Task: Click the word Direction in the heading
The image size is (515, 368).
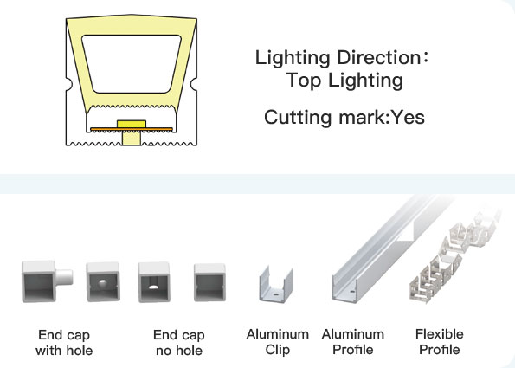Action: [x=378, y=57]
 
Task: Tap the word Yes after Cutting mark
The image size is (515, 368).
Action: [x=409, y=117]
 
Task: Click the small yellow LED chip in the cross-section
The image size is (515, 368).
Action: [x=132, y=124]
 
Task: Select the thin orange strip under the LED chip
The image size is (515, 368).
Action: [x=132, y=129]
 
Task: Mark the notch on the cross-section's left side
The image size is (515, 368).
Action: [x=69, y=84]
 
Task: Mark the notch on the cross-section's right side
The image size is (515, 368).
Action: [x=194, y=84]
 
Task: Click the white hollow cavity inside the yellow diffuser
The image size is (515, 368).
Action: [x=132, y=64]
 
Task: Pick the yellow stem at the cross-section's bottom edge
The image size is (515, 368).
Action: [x=132, y=139]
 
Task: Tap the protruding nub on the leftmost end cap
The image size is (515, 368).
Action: [x=64, y=277]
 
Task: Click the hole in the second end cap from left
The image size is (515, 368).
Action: [x=102, y=282]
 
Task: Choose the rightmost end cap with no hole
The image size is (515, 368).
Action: [x=209, y=282]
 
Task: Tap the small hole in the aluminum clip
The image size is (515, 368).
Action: [x=275, y=292]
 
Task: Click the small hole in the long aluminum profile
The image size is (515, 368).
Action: [x=352, y=291]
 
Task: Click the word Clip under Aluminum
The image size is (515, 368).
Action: [x=278, y=351]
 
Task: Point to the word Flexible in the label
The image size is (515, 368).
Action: [x=440, y=334]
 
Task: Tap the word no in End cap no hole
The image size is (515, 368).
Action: [x=164, y=352]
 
